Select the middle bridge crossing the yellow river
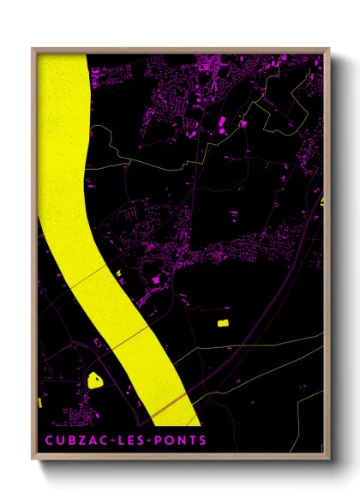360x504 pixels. point(124,338)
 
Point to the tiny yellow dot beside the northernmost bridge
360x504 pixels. point(117,273)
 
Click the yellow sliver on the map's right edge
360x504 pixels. point(322,201)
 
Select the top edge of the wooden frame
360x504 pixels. point(180,50)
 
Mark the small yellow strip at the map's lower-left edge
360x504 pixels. point(40,402)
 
